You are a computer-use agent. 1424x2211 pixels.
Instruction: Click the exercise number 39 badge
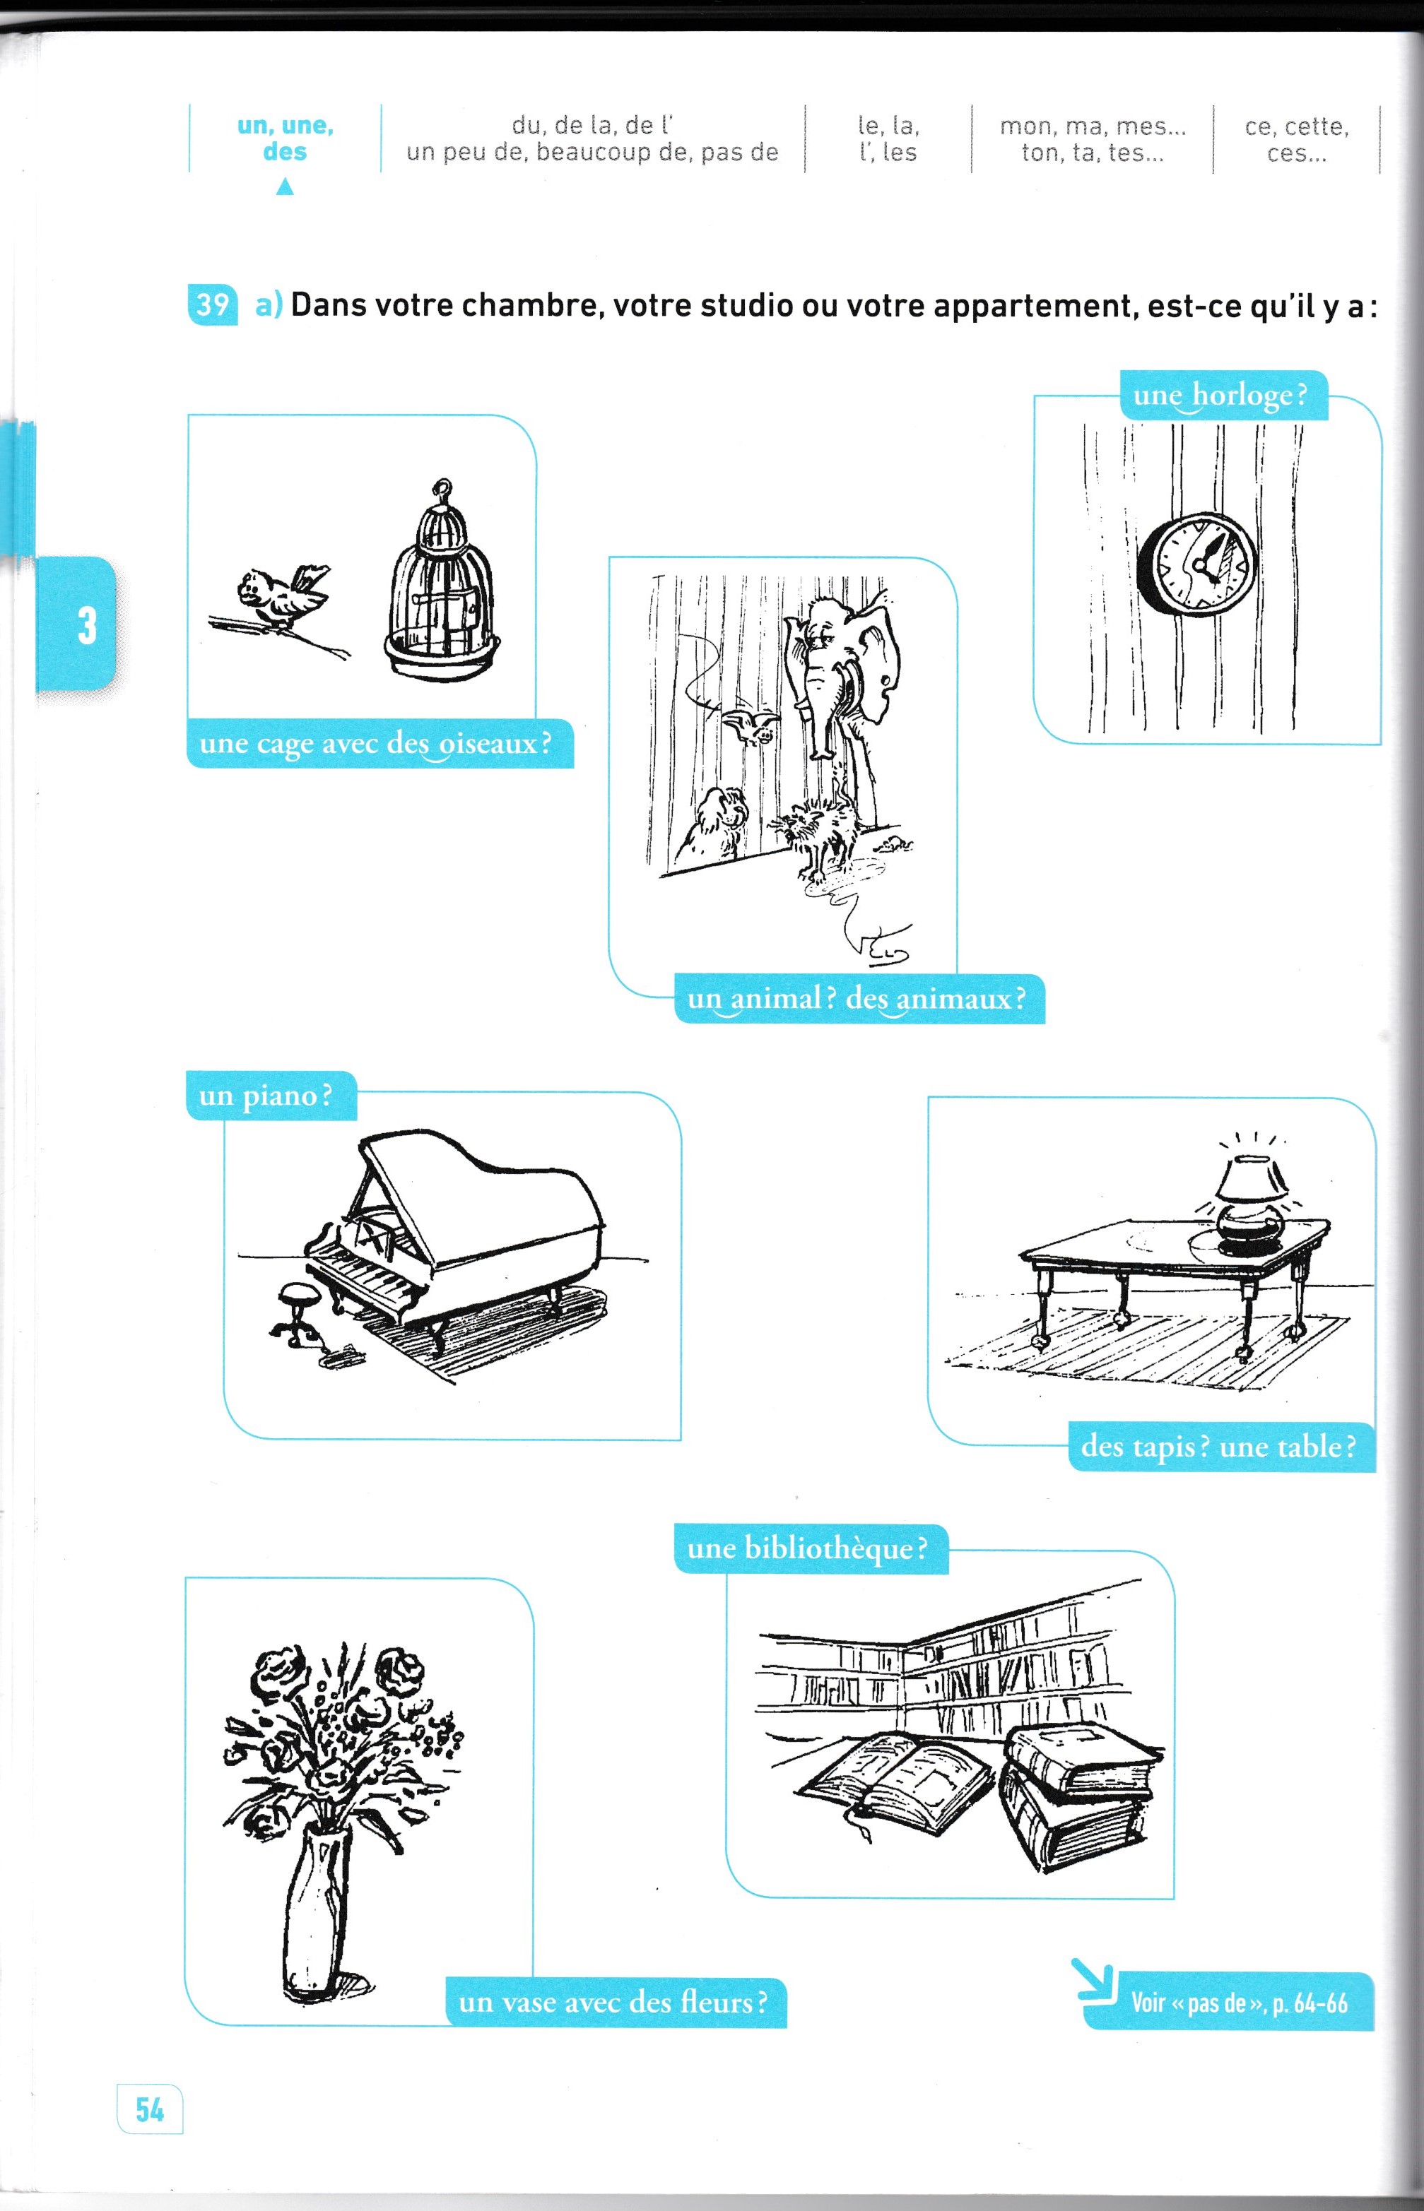click(212, 304)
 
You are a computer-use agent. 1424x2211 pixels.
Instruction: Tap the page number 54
click(150, 2109)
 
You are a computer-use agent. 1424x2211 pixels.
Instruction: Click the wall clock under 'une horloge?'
click(1197, 563)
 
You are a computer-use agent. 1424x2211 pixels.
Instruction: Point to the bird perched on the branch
click(279, 597)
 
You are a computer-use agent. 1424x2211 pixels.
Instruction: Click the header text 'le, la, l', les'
click(888, 138)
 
